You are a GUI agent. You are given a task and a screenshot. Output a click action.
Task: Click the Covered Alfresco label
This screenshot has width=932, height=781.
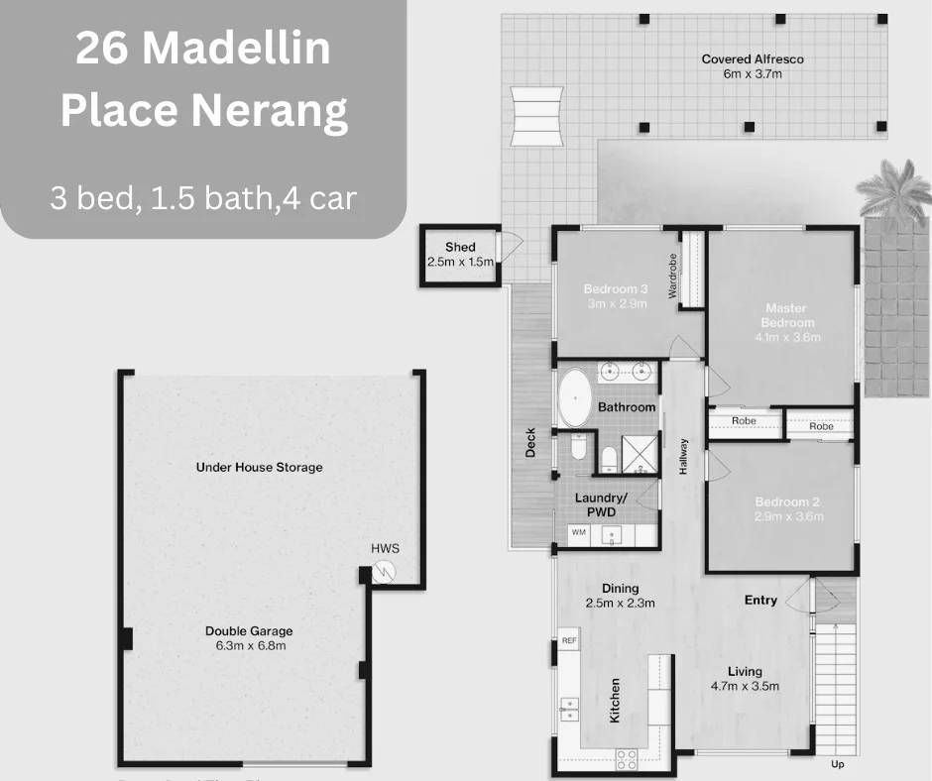752,59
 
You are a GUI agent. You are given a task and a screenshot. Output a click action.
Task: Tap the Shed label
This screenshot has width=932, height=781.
459,248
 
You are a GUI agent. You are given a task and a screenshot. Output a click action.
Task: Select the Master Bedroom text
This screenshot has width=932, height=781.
787,314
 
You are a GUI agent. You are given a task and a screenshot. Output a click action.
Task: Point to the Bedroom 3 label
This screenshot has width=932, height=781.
615,289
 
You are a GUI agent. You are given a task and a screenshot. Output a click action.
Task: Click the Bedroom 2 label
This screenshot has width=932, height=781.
787,502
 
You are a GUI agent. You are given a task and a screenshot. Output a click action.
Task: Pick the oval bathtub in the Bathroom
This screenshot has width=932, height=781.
574,396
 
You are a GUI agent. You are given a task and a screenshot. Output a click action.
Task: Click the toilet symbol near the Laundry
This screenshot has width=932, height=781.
610,457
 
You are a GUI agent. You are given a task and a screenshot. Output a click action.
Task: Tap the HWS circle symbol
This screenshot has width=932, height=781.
385,571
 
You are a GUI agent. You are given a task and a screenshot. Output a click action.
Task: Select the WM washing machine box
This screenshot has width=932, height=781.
577,533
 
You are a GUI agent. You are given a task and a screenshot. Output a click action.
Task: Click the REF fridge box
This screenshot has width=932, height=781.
569,641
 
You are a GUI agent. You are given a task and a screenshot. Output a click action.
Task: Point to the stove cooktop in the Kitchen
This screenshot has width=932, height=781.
627,760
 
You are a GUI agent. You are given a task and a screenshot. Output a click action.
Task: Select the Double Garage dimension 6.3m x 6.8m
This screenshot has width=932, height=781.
251,646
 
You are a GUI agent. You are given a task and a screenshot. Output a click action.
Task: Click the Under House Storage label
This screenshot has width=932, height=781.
259,467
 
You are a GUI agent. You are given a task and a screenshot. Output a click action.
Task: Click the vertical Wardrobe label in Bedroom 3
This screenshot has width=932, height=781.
672,277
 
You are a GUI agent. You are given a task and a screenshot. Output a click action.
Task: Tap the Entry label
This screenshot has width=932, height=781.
760,601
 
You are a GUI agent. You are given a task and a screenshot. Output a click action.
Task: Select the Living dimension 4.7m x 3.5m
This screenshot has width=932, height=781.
745,686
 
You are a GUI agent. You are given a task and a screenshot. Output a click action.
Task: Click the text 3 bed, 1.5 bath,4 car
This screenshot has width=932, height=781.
203,198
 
